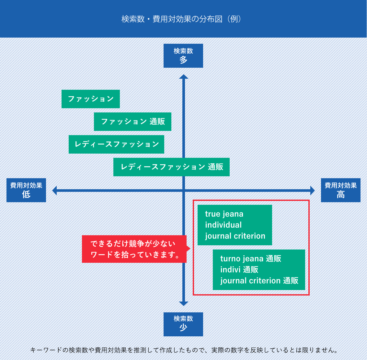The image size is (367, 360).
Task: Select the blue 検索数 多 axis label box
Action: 183,56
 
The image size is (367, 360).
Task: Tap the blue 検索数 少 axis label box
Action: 183,324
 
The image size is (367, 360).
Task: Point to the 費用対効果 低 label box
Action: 26,190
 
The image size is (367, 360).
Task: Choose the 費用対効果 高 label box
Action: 340,190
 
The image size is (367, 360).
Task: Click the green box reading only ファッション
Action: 91,99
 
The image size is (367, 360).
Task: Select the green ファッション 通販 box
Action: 132,122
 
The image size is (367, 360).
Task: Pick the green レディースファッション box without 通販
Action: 116,144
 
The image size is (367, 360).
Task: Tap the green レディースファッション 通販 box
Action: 171,167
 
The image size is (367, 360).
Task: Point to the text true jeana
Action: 224,214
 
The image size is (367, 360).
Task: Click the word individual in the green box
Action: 223,225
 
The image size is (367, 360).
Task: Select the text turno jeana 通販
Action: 251,259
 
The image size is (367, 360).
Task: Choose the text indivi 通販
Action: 239,270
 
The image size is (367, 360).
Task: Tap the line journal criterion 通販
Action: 259,281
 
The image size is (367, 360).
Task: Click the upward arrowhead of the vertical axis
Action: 184,76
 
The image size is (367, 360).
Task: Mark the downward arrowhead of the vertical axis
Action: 184,304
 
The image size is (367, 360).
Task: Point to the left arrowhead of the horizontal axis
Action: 54,190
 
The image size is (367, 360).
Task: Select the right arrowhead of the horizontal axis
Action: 313,190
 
